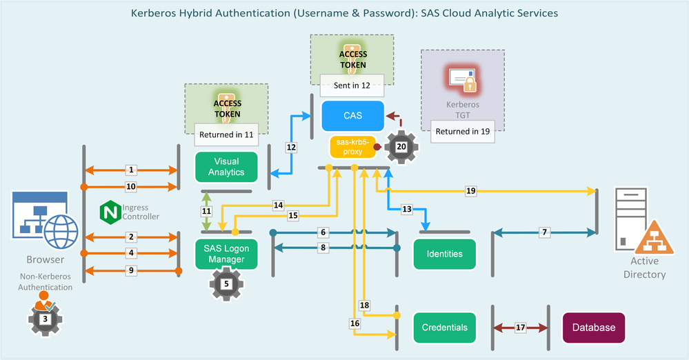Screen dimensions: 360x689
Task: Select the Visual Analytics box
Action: coord(226,167)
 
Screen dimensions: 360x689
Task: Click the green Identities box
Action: coord(445,254)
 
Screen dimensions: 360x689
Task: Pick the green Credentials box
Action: coord(445,328)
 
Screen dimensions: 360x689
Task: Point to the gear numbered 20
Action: coord(401,146)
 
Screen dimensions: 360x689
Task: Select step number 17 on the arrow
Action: coord(521,328)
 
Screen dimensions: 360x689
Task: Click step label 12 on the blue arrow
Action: coord(291,147)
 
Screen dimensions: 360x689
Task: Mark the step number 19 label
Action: coord(471,192)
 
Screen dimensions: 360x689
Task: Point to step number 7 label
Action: coord(544,233)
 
